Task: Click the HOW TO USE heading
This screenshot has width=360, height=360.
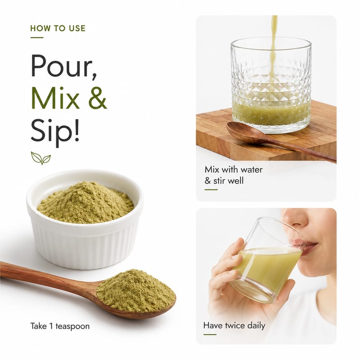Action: (58, 28)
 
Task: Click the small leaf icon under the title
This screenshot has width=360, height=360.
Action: (41, 158)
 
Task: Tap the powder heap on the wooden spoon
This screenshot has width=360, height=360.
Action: (136, 291)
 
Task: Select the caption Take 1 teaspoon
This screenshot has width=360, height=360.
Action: (60, 326)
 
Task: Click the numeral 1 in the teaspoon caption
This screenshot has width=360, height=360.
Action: (51, 326)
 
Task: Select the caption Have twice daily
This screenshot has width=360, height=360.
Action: (234, 325)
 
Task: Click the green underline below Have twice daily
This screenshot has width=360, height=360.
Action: (210, 334)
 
